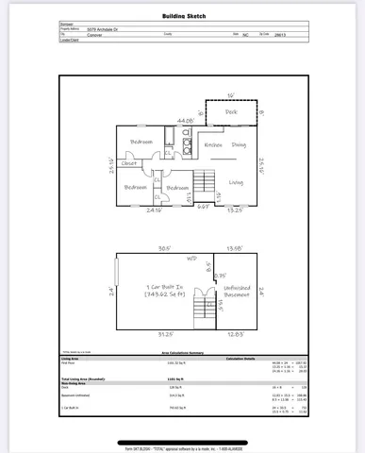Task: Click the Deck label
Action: tap(231, 112)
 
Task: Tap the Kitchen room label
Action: tap(213, 144)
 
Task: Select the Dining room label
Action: tap(239, 144)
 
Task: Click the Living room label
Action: tap(236, 182)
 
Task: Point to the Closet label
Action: tap(129, 163)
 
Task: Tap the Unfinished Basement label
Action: tap(236, 290)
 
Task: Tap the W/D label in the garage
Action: tap(191, 257)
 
